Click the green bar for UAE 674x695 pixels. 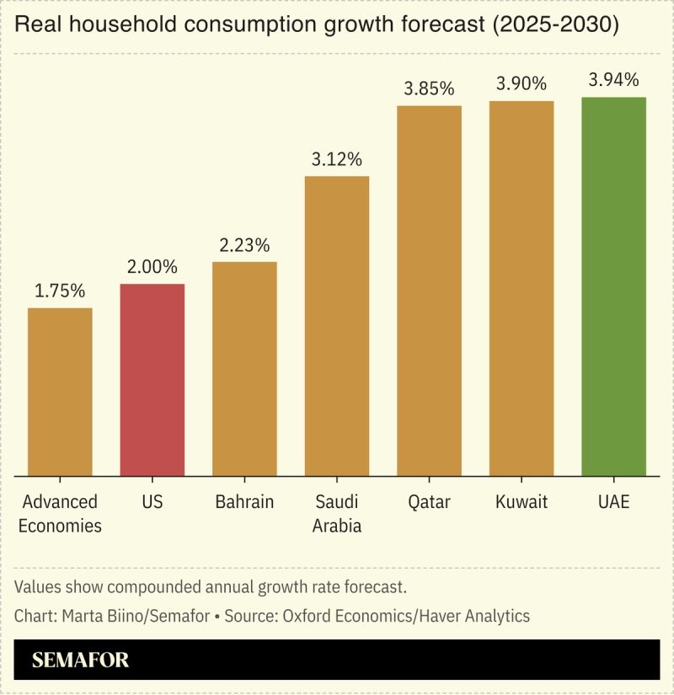point(613,286)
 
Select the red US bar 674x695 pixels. point(152,380)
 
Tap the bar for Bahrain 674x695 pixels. point(244,369)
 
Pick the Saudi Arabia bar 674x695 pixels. point(337,326)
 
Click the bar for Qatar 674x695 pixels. point(429,291)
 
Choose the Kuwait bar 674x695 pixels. point(522,288)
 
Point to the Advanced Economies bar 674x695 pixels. point(60,392)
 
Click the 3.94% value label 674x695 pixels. point(613,81)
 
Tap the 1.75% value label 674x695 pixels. point(60,291)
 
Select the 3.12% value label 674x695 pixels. point(337,159)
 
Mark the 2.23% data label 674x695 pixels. point(244,246)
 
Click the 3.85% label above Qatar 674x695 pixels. point(429,89)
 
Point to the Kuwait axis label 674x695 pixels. point(522,502)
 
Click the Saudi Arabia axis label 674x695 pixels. point(337,514)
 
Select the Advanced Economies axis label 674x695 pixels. point(60,514)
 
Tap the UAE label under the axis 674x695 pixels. point(613,502)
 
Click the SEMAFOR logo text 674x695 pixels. point(81,660)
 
